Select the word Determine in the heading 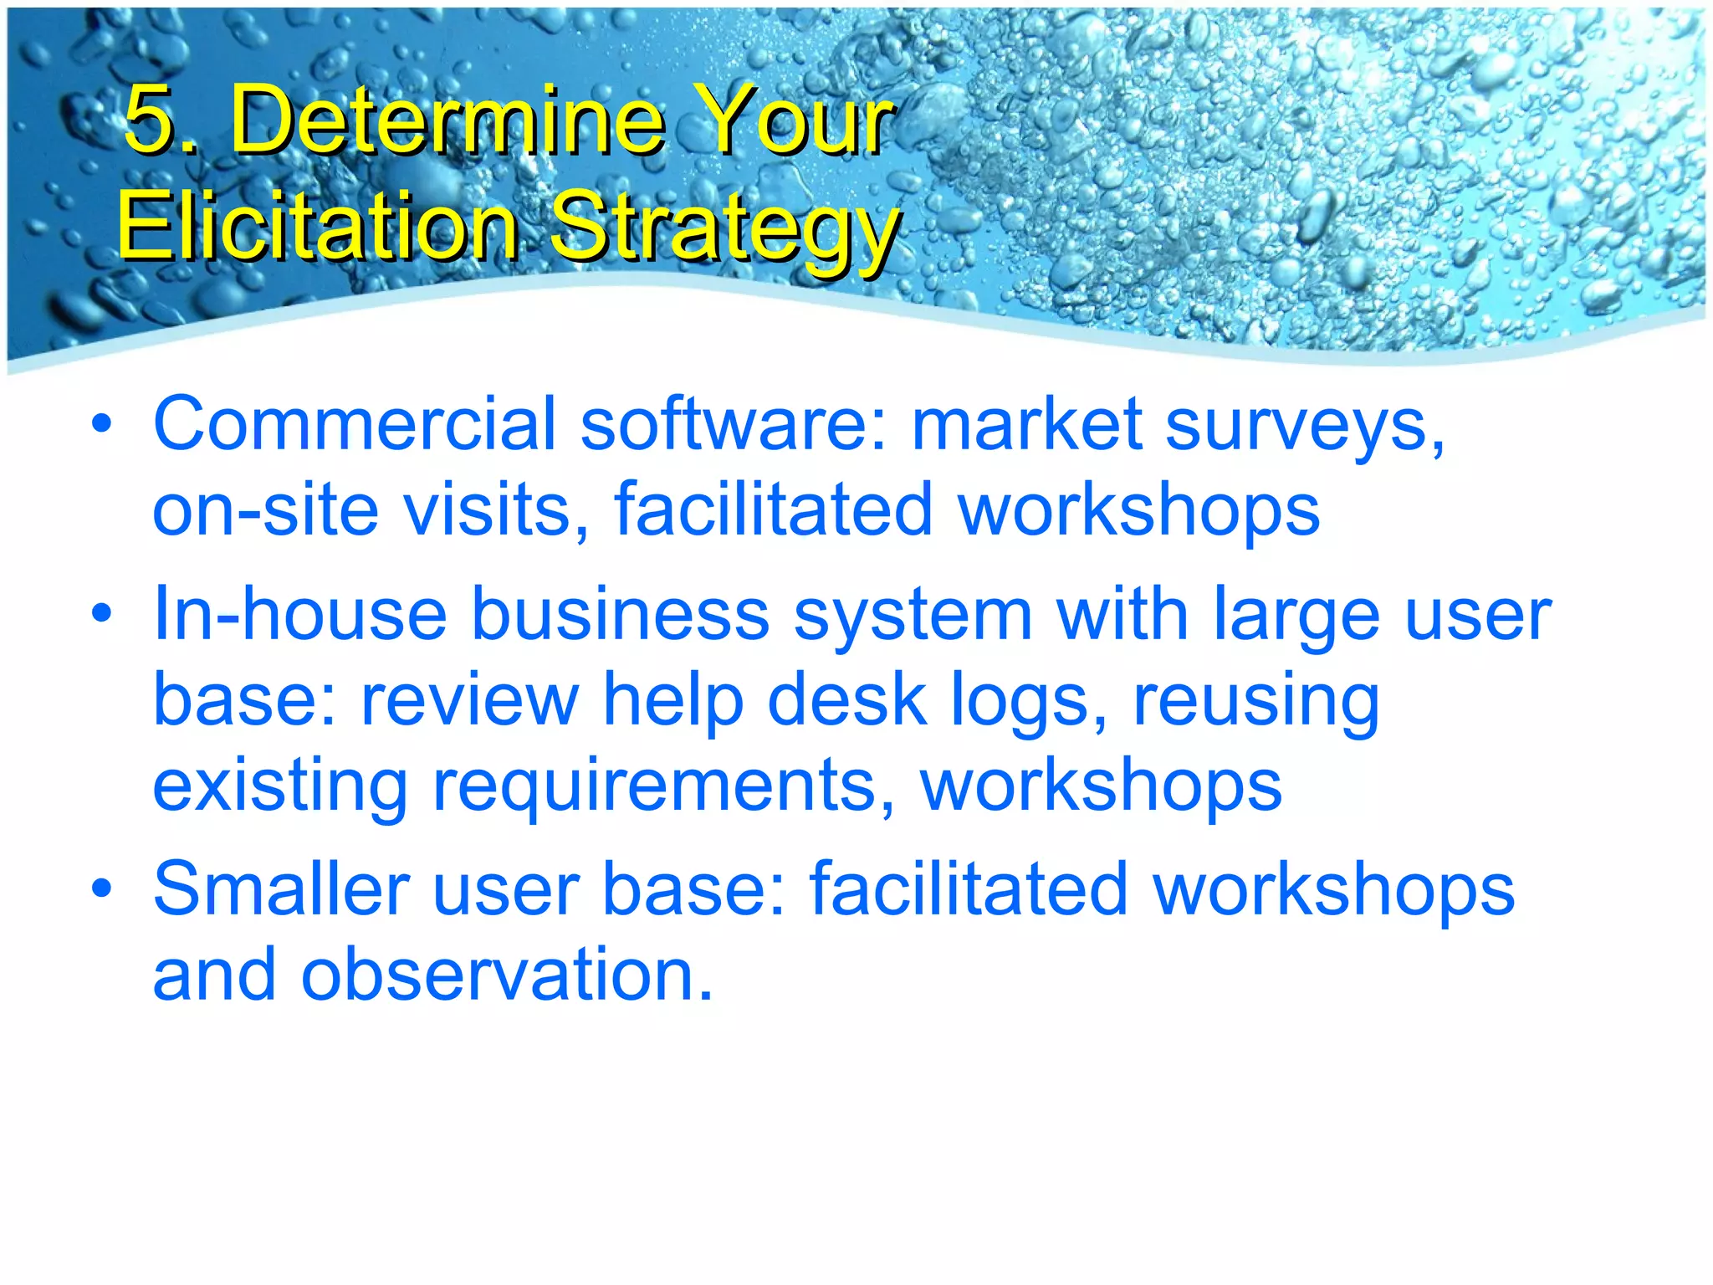[447, 120]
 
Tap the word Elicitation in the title [318, 226]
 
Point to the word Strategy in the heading [724, 228]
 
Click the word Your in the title [795, 120]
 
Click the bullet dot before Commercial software [102, 425]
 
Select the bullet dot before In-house [102, 615]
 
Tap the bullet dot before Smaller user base [102, 888]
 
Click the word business [620, 615]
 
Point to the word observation [507, 975]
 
